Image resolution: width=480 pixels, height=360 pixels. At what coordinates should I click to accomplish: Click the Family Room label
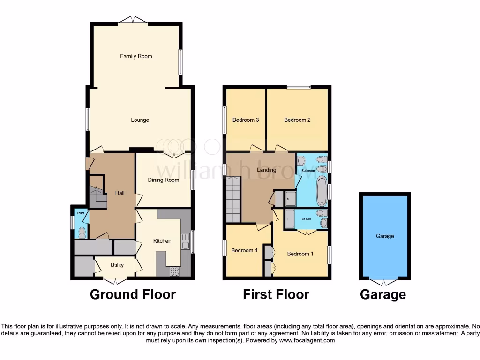pyautogui.click(x=136, y=56)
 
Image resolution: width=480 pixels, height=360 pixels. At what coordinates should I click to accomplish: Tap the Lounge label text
pyautogui.click(x=140, y=120)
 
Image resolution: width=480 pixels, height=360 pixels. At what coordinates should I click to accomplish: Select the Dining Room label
pyautogui.click(x=164, y=180)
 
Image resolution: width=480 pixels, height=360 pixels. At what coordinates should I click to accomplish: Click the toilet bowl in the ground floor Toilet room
pyautogui.click(x=82, y=231)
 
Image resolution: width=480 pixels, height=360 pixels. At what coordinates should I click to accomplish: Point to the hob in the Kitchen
pyautogui.click(x=174, y=271)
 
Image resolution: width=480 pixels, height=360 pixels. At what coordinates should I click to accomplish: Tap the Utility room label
pyautogui.click(x=117, y=265)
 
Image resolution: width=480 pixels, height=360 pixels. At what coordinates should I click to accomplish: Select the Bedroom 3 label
pyautogui.click(x=246, y=120)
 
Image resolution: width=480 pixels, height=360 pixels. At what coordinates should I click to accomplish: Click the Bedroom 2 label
pyautogui.click(x=297, y=120)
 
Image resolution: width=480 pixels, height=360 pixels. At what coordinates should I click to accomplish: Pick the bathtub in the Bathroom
pyautogui.click(x=322, y=191)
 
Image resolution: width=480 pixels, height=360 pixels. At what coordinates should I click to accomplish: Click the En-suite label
pyautogui.click(x=307, y=218)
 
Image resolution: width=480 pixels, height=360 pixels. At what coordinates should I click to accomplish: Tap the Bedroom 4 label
pyautogui.click(x=244, y=250)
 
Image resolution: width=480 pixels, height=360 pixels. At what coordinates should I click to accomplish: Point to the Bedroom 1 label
pyautogui.click(x=300, y=254)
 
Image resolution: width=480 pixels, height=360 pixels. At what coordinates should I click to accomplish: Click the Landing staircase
pyautogui.click(x=233, y=202)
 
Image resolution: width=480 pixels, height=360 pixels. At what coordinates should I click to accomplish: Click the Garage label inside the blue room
pyautogui.click(x=385, y=236)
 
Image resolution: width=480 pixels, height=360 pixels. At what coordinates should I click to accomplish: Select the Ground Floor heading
pyautogui.click(x=133, y=294)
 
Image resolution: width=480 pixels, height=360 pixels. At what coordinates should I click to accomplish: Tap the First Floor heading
pyautogui.click(x=276, y=294)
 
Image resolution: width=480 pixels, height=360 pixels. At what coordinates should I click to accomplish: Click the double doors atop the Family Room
pyautogui.click(x=133, y=20)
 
